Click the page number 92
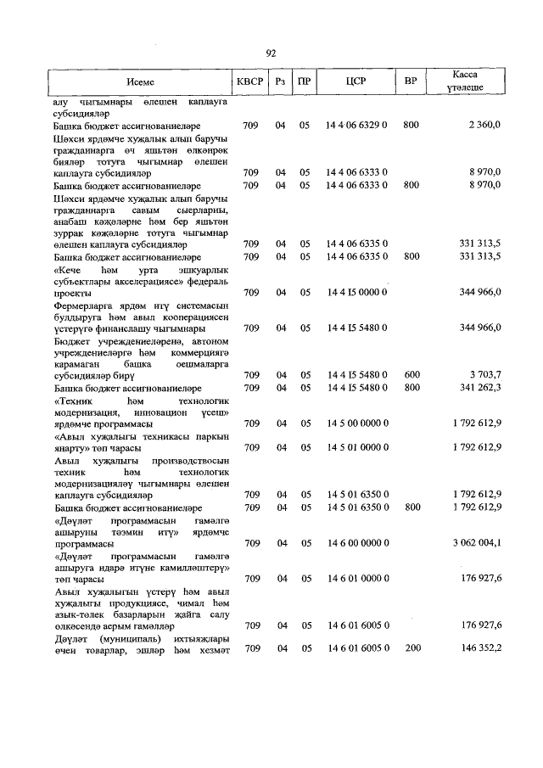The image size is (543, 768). click(x=271, y=53)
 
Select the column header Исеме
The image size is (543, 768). click(x=141, y=82)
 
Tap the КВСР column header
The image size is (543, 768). click(x=250, y=82)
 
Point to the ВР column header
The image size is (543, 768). click(x=411, y=82)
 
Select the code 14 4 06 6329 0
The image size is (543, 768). click(x=355, y=125)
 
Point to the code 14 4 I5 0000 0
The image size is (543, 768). click(x=355, y=292)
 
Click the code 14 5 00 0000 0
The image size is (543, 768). click(x=355, y=423)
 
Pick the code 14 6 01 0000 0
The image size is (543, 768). click(x=355, y=578)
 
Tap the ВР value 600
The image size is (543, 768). click(x=411, y=374)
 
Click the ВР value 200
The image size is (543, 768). click(x=411, y=648)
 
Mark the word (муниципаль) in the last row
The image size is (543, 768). click(x=133, y=636)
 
